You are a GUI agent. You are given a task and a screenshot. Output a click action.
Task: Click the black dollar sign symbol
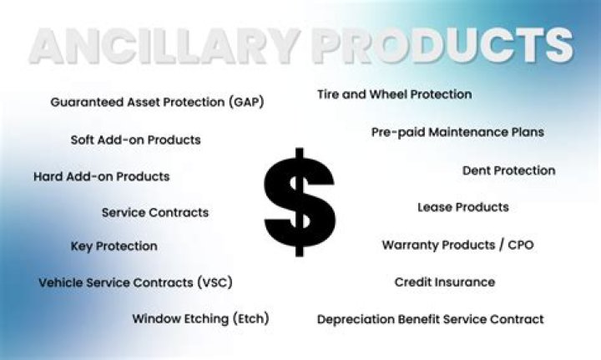(x=300, y=203)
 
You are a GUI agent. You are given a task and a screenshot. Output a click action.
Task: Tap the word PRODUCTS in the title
(x=442, y=47)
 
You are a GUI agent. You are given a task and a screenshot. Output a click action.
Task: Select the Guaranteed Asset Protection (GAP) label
(x=157, y=102)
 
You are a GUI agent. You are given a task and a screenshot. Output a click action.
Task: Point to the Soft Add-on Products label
(x=135, y=139)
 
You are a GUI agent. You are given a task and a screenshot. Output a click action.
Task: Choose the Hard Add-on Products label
(x=101, y=176)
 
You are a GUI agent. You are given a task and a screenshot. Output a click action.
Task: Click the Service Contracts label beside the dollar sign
(x=154, y=212)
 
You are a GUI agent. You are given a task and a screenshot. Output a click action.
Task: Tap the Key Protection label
(x=114, y=246)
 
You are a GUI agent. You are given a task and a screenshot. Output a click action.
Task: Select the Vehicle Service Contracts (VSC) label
(x=135, y=282)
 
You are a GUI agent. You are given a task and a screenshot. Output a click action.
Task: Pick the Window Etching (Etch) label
(x=200, y=318)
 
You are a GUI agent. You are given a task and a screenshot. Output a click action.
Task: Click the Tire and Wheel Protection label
(x=394, y=94)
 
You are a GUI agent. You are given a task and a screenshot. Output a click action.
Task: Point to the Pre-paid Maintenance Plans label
(x=457, y=132)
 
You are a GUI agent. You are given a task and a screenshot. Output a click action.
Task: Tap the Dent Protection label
(x=508, y=170)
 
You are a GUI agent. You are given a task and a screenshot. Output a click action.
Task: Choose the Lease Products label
(x=462, y=206)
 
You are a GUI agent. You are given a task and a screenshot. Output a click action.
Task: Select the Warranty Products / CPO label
(x=457, y=246)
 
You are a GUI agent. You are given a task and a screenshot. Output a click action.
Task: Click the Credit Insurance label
(x=444, y=282)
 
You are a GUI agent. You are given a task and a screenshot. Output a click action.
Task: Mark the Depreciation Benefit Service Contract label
(x=430, y=319)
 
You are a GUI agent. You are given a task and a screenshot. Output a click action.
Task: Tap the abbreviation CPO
(x=519, y=246)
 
